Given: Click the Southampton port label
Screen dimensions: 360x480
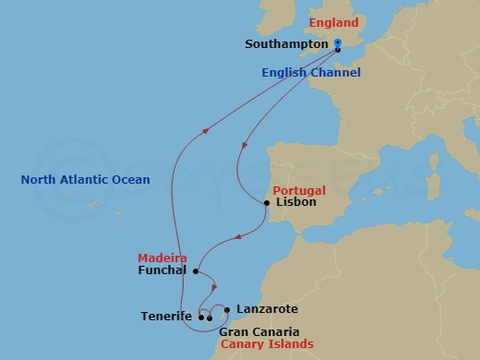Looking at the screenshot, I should tap(287, 43).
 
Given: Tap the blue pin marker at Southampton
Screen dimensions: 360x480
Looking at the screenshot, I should tap(338, 43).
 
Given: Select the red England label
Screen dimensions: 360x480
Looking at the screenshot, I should tap(335, 23).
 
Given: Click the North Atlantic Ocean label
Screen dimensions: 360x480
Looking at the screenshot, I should tap(85, 180).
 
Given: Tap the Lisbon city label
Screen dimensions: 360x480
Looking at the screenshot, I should tap(296, 201).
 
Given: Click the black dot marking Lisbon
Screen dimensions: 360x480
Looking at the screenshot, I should tap(268, 201).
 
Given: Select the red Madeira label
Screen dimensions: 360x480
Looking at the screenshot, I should tap(162, 258).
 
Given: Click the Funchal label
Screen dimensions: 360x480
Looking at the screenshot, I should tap(162, 271).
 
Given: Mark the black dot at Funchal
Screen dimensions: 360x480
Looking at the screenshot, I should tap(195, 271).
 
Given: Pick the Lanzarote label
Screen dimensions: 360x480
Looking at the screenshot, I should tap(267, 309).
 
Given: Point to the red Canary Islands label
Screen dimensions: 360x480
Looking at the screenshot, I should tap(266, 344).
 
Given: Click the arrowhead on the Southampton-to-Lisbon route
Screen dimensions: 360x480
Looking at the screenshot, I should tap(245, 144).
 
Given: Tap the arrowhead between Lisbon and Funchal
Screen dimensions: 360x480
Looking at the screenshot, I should tap(238, 237).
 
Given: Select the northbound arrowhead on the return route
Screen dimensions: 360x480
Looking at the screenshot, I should tap(203, 130).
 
